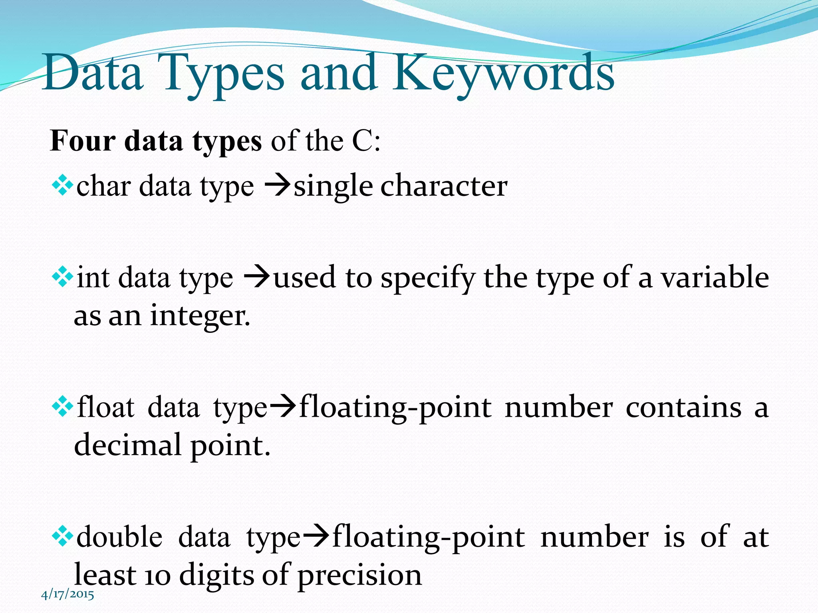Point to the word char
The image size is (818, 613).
103,186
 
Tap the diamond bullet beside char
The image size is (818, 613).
63,186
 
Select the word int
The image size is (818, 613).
93,277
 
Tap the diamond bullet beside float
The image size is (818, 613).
63,407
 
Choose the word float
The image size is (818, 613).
106,407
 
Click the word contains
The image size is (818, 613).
683,408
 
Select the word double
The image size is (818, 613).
119,537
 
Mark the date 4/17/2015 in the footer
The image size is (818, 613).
68,595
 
